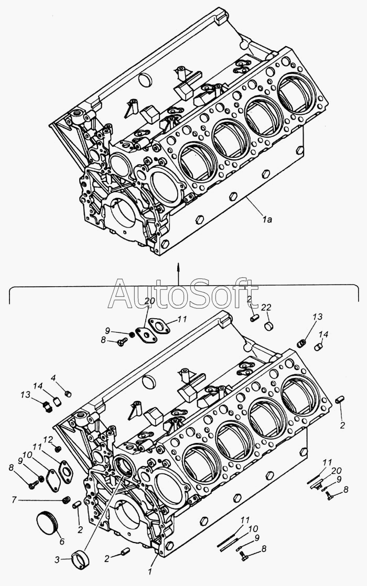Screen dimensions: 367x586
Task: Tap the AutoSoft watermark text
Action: (x=183, y=294)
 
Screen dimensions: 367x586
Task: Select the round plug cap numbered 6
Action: (x=44, y=523)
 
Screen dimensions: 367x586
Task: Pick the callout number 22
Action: (x=267, y=307)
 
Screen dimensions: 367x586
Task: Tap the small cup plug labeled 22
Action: (x=269, y=327)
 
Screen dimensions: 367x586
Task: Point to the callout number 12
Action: (x=47, y=439)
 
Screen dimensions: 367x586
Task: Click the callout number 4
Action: (x=53, y=378)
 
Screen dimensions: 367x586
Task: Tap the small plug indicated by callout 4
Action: (x=67, y=393)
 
